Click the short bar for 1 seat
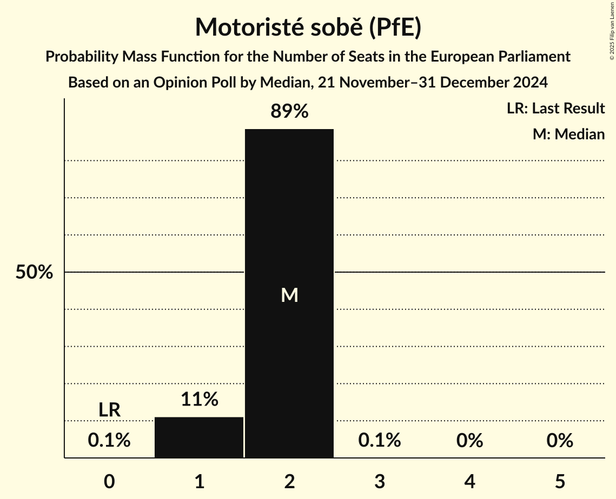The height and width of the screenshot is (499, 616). (199, 437)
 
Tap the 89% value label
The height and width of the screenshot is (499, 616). (289, 112)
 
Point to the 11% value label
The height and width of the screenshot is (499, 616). (199, 400)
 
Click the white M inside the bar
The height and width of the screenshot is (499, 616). (289, 295)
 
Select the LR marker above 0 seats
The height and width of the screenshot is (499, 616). (109, 410)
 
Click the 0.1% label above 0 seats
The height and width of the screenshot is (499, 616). (109, 441)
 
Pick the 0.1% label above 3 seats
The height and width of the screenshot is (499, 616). (379, 441)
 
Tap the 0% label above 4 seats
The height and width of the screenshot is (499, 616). (469, 441)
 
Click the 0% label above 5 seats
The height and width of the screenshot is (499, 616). (559, 441)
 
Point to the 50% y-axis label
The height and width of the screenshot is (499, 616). (34, 273)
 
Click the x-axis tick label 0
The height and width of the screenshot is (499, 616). (109, 481)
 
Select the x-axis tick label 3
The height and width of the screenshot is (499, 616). (379, 481)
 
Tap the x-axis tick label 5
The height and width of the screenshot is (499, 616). (559, 481)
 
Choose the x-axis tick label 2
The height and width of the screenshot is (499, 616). (289, 481)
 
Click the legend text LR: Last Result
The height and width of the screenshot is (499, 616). (555, 109)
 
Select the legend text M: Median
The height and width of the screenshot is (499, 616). (568, 134)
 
